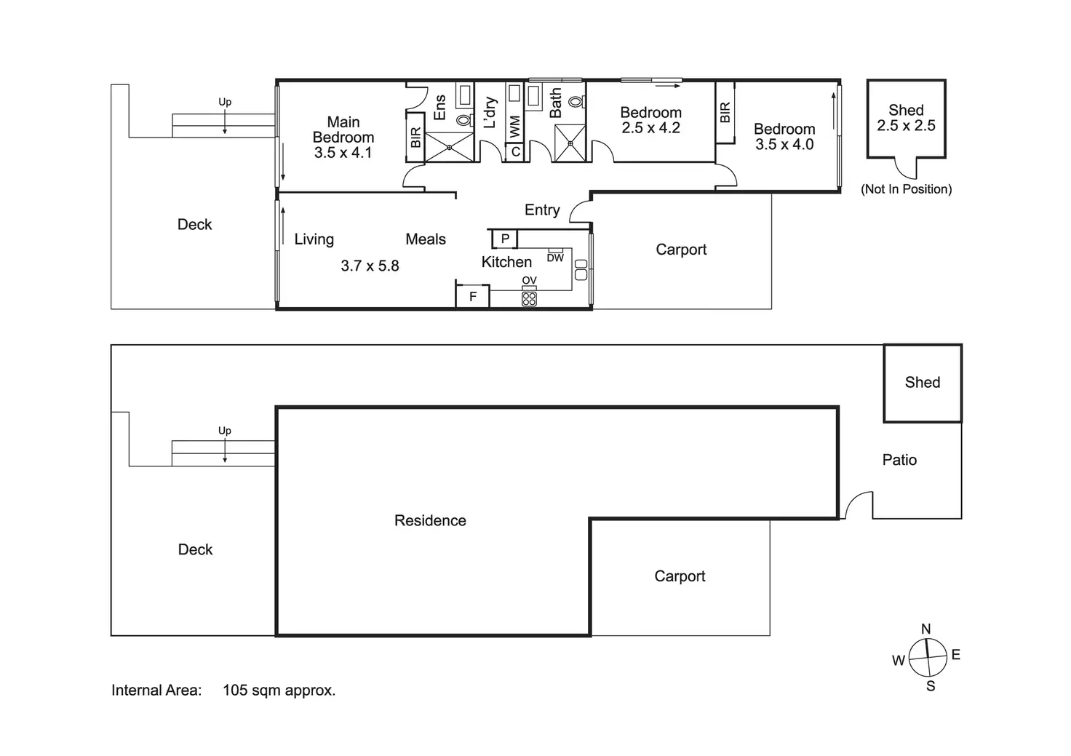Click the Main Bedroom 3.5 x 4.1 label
click(x=343, y=138)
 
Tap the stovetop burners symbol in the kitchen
click(x=529, y=299)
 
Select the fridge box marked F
click(x=472, y=296)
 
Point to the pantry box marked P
click(x=505, y=239)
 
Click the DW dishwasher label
click(x=555, y=258)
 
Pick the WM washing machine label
click(x=515, y=127)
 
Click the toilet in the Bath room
click(x=577, y=101)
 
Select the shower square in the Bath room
click(x=570, y=143)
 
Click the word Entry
click(x=542, y=210)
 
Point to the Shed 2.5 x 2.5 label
click(x=906, y=118)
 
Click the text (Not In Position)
click(x=906, y=189)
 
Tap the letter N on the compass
click(x=926, y=629)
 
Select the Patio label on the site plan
click(x=899, y=460)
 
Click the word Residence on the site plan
click(x=430, y=520)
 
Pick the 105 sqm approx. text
click(x=279, y=691)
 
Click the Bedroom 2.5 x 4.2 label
click(x=650, y=120)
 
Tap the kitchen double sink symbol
click(x=581, y=270)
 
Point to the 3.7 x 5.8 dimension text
click(x=370, y=266)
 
